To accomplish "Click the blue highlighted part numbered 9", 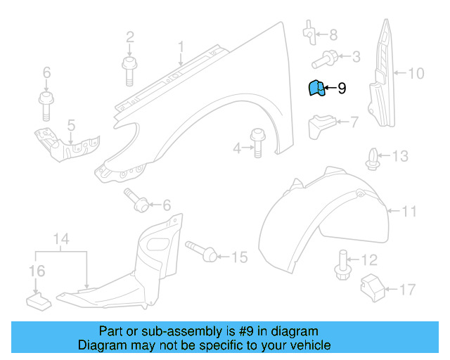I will click(x=316, y=89).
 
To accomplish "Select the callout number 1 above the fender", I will click(x=180, y=48).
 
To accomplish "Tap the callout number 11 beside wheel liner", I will click(x=410, y=210).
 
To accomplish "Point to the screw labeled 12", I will click(x=343, y=265).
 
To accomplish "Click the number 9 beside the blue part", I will click(x=342, y=89).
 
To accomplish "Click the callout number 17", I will click(x=407, y=288).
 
